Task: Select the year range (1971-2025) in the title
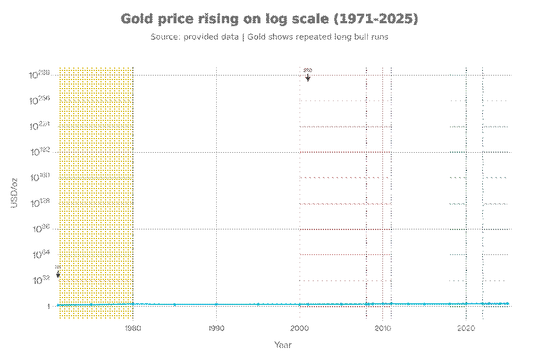(x=376, y=19)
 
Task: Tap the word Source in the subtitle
(x=165, y=37)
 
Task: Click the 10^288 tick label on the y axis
(x=40, y=75)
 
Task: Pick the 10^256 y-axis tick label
(x=40, y=101)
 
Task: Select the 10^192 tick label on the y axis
(x=40, y=152)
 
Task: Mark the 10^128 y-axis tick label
(x=40, y=203)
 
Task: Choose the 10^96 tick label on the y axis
(x=41, y=229)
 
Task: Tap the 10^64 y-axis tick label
(x=41, y=254)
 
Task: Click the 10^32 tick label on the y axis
(x=41, y=281)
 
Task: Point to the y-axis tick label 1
(x=49, y=307)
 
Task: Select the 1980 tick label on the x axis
(x=133, y=328)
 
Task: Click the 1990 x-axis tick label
(x=216, y=328)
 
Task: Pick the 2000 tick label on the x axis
(x=300, y=328)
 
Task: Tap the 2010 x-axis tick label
(x=383, y=328)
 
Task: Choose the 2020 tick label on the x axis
(x=466, y=328)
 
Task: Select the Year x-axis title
(x=283, y=345)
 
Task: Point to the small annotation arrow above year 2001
(x=308, y=78)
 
